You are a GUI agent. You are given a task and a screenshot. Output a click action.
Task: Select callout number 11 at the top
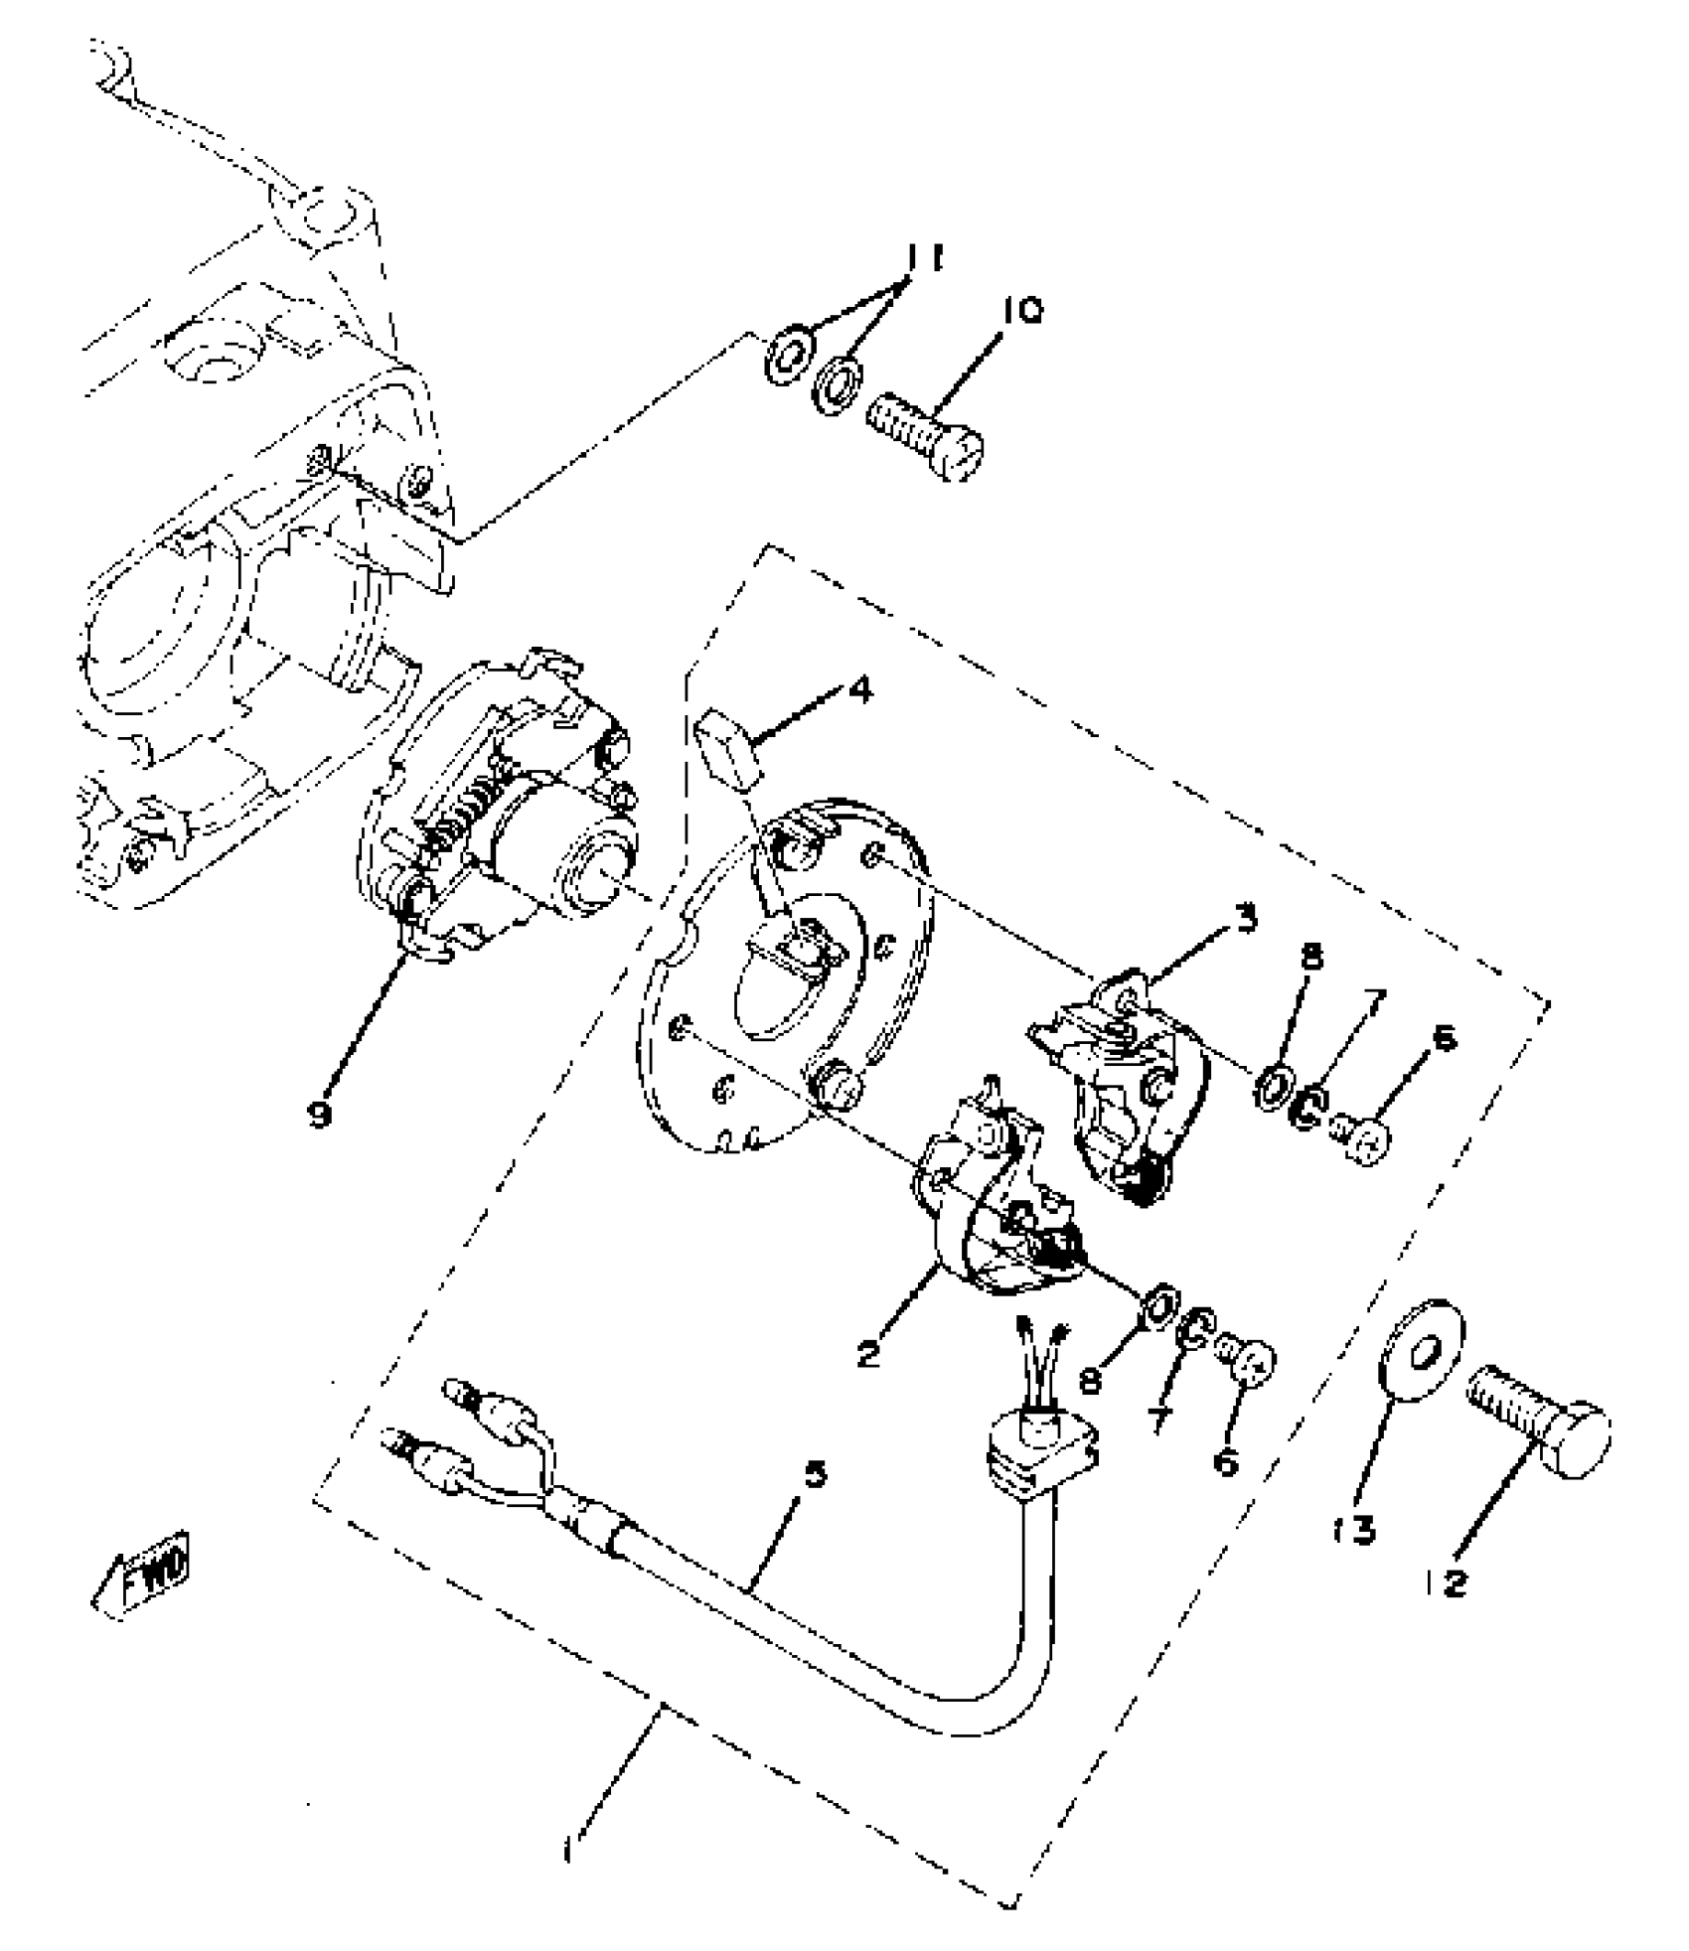click(922, 260)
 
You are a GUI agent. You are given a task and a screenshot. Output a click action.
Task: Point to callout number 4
click(860, 689)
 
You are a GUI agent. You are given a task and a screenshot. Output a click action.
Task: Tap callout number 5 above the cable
click(815, 1473)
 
